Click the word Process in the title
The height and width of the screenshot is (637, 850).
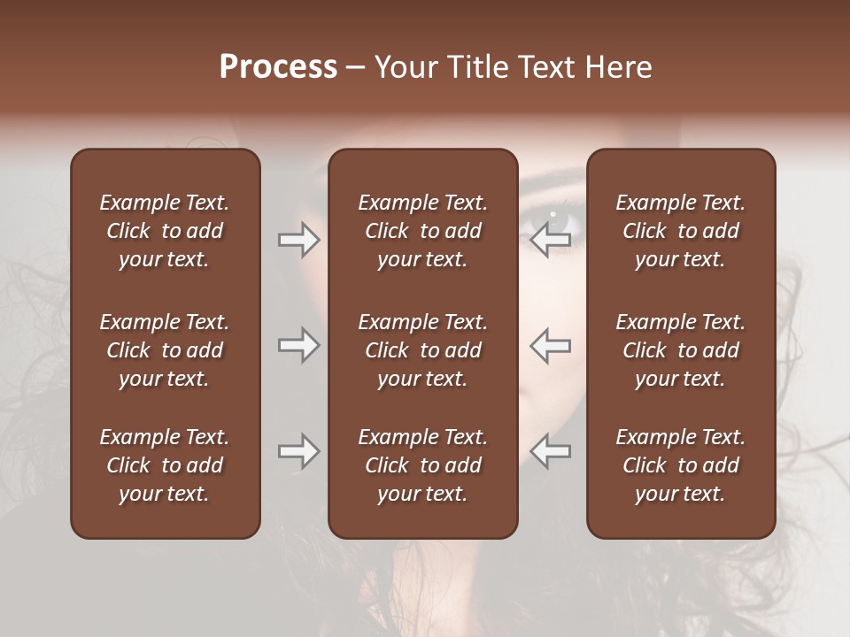[x=278, y=67]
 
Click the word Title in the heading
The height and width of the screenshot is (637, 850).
[x=478, y=67]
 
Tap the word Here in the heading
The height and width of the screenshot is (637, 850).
[x=618, y=67]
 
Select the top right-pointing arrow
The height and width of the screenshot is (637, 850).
[x=299, y=240]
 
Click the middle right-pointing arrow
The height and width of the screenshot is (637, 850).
[x=299, y=346]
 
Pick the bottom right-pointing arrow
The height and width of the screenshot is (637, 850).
[x=299, y=452]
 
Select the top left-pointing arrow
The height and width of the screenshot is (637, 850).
[x=551, y=240]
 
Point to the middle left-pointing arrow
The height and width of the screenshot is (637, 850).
[x=551, y=346]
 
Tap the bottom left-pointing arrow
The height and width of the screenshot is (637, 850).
[x=551, y=452]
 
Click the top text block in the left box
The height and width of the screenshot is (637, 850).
[x=165, y=231]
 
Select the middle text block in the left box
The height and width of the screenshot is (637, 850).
[x=165, y=350]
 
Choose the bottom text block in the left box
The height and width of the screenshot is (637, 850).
[x=165, y=465]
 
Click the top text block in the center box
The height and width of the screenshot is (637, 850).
[x=422, y=231]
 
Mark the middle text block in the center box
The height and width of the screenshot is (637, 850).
[x=422, y=350]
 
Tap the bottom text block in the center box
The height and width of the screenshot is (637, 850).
[x=422, y=465]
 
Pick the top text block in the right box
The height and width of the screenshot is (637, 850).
[x=681, y=231]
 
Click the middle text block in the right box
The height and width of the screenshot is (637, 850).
[x=681, y=350]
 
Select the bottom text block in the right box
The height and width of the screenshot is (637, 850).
[x=681, y=465]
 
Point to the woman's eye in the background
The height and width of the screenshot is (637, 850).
[x=552, y=215]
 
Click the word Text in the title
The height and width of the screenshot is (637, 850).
[x=546, y=67]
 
